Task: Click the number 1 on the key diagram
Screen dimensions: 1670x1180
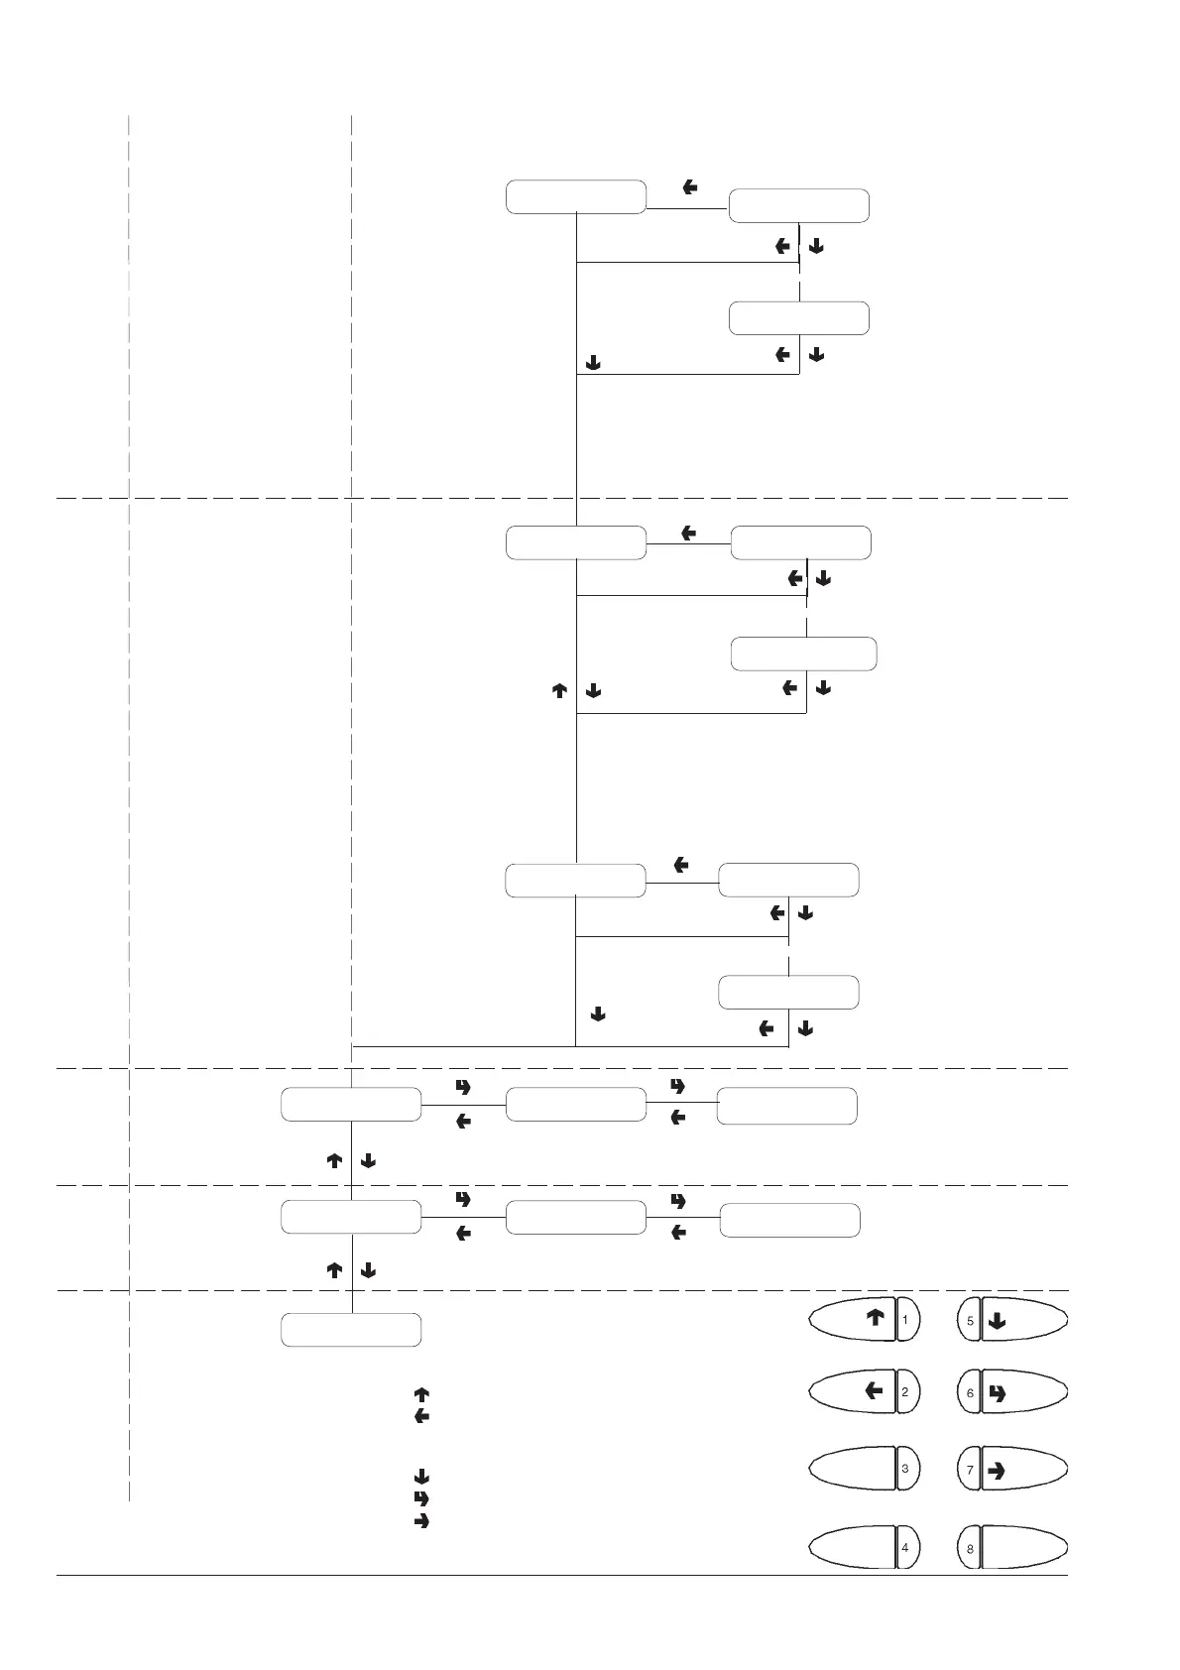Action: tap(905, 1320)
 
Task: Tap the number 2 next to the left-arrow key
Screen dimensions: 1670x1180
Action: tap(905, 1392)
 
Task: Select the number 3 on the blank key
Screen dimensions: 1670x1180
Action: tap(905, 1469)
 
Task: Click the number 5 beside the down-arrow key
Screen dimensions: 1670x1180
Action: tap(971, 1321)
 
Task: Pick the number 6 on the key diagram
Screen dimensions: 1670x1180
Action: tap(971, 1393)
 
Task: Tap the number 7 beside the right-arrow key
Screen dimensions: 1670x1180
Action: tap(971, 1470)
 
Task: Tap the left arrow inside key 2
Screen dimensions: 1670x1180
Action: tap(874, 1391)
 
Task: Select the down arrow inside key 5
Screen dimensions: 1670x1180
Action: tap(998, 1321)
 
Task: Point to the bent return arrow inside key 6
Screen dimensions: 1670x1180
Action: tap(998, 1393)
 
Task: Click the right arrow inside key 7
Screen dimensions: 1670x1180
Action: tap(998, 1471)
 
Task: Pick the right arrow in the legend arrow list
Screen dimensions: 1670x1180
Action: tap(420, 1520)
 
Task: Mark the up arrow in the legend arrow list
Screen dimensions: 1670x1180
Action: tap(420, 1394)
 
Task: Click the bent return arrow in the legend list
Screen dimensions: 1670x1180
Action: tap(420, 1498)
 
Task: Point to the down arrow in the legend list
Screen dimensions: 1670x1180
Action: tap(420, 1477)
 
